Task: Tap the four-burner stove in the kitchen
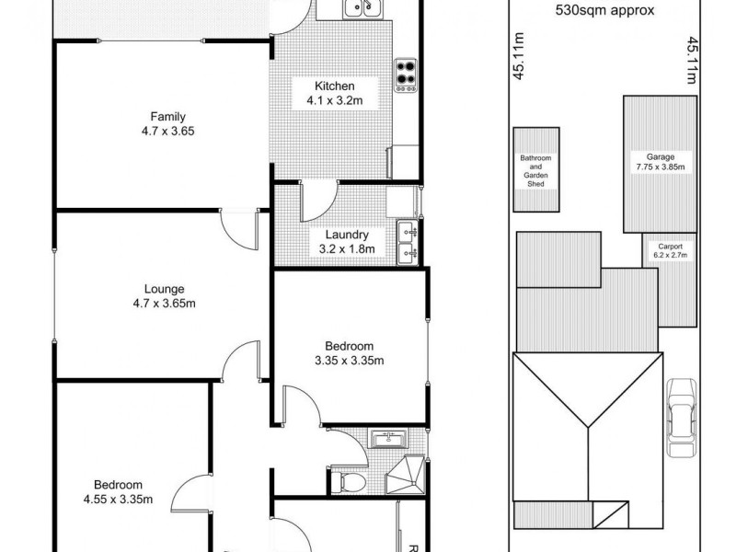[406, 73]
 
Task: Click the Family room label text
[168, 116]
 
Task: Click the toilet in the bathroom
[350, 480]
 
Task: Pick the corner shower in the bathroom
[409, 473]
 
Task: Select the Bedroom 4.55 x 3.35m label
[118, 492]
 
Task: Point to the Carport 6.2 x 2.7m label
[670, 252]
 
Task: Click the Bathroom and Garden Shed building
[535, 169]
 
